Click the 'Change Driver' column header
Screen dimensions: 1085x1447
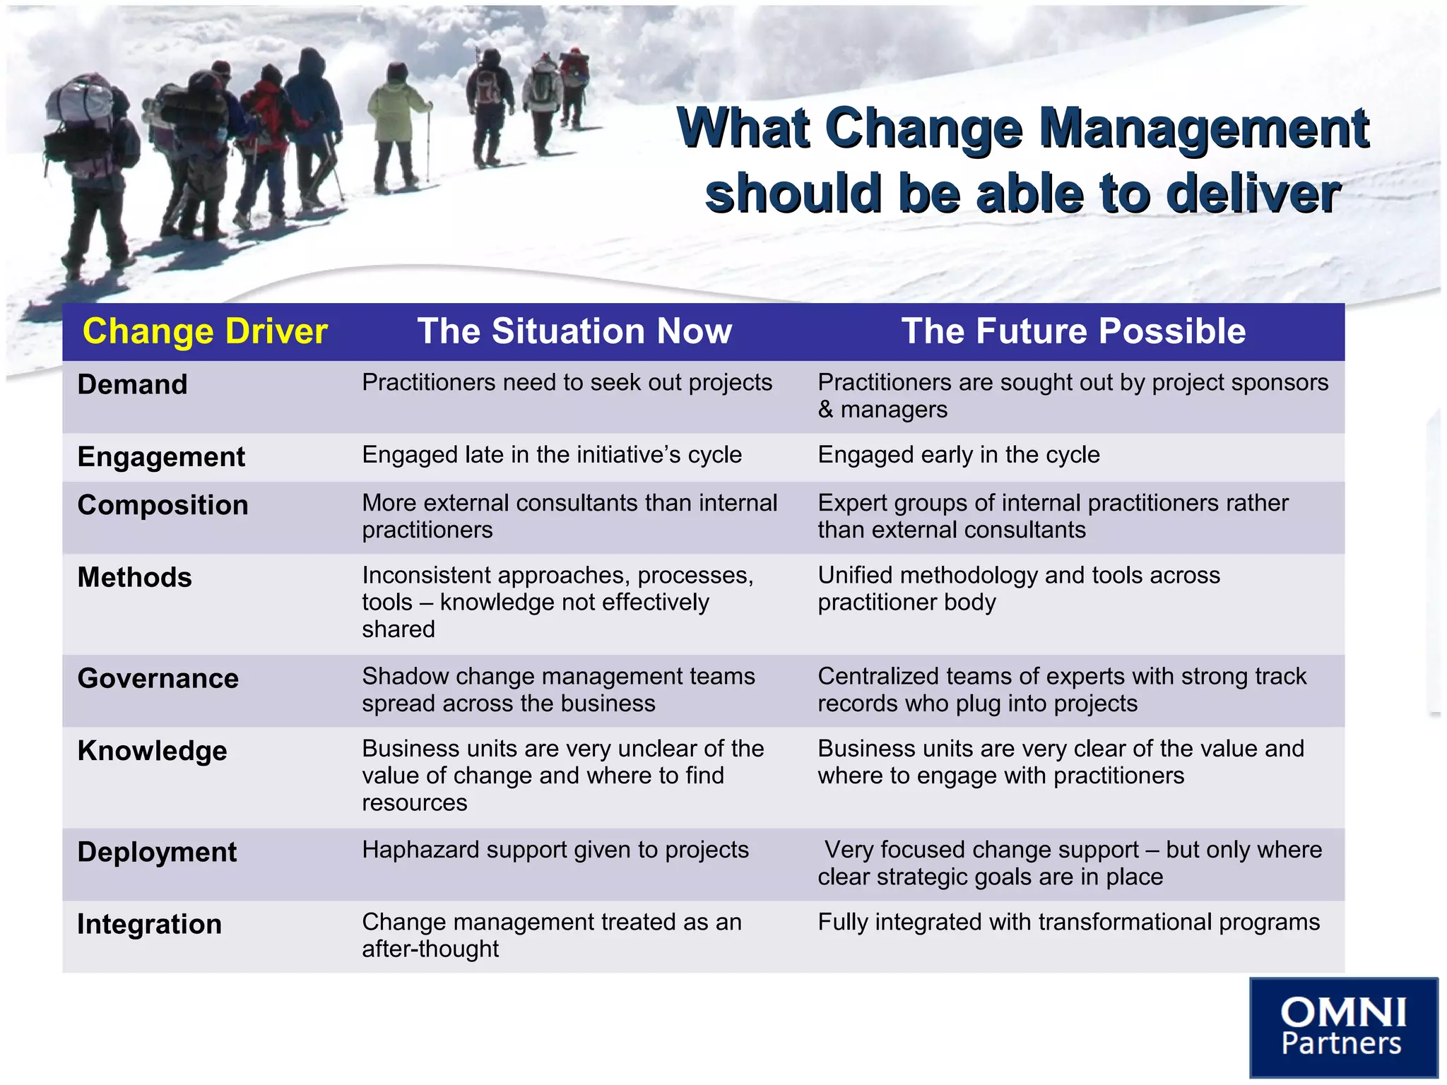pos(205,331)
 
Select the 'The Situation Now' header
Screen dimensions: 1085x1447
pos(574,331)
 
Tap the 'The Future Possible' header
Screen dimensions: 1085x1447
pos(1073,331)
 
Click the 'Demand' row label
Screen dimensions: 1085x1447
pos(133,385)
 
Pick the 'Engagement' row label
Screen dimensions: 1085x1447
pos(161,457)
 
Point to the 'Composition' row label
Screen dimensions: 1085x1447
pos(163,505)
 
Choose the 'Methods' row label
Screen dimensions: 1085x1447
pos(134,578)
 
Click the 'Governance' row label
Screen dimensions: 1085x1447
pos(158,679)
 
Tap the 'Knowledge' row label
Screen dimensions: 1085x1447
pos(153,751)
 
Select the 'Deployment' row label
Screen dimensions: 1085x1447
pos(157,852)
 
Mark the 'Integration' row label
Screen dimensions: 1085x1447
pos(149,924)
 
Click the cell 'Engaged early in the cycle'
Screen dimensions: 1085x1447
pos(959,455)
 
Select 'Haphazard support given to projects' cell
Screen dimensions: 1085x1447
pos(555,850)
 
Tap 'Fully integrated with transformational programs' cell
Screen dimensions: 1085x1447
pos(1068,922)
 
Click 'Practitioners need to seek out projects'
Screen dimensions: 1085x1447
pos(567,383)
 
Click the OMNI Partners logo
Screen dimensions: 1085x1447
pos(1343,1026)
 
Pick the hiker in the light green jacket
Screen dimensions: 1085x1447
pos(396,120)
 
